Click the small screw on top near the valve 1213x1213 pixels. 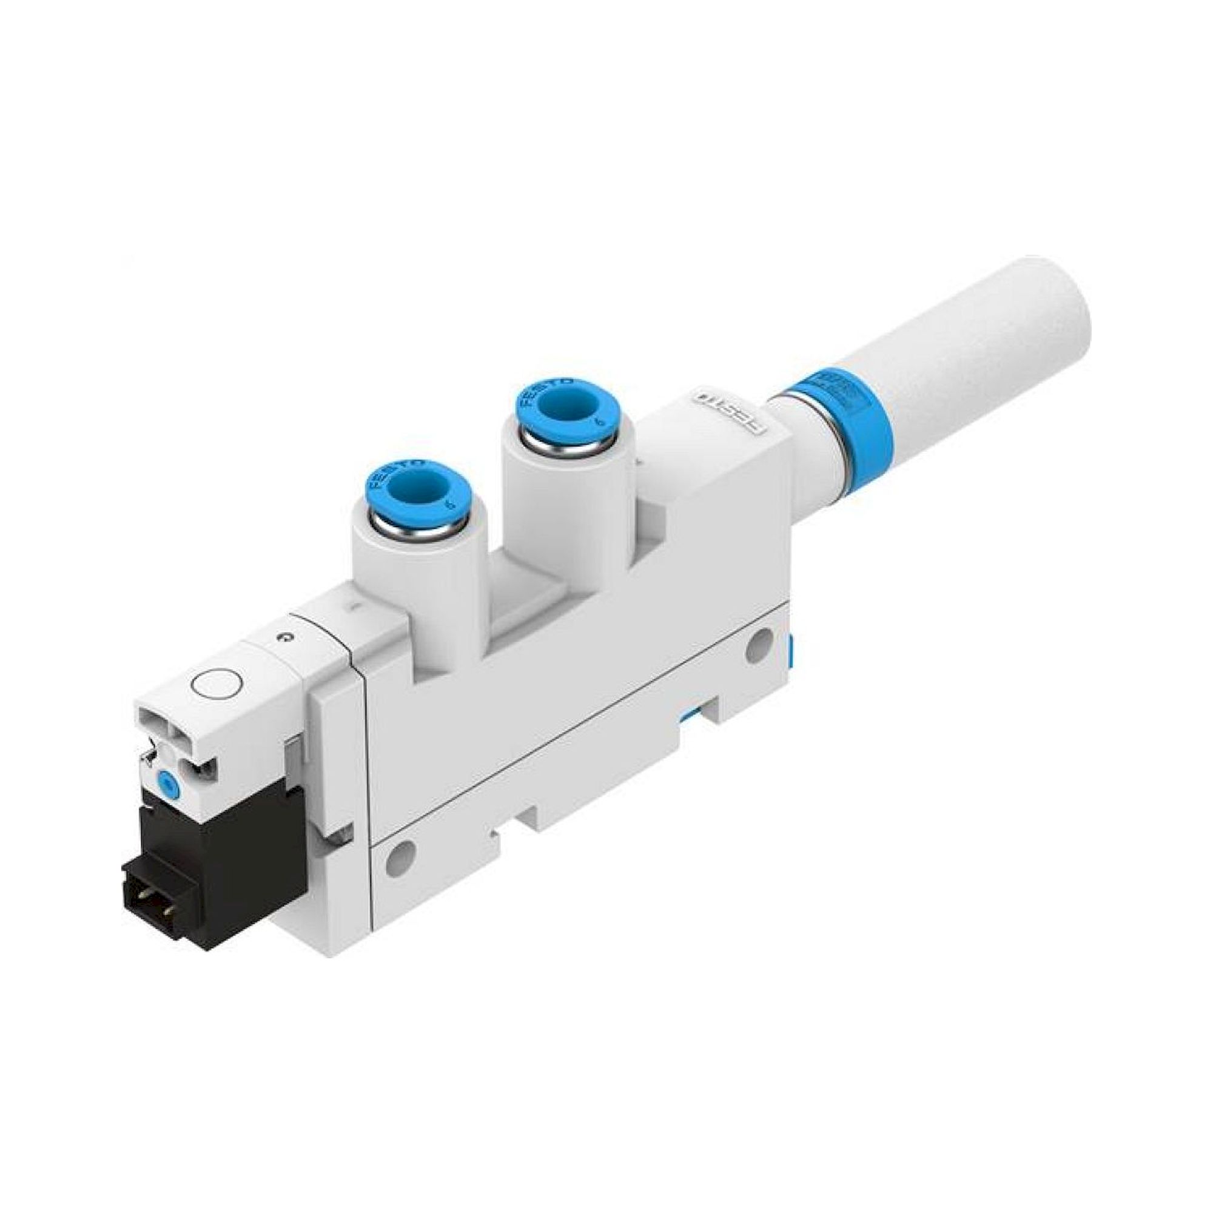click(x=286, y=639)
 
